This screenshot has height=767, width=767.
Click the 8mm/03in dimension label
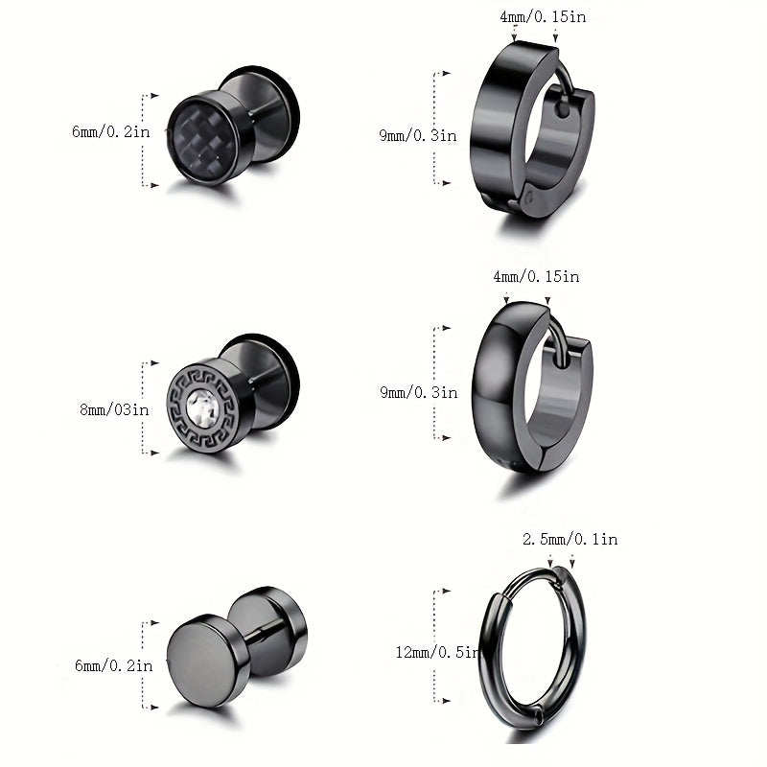(114, 409)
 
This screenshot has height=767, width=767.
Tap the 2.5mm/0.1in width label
(569, 539)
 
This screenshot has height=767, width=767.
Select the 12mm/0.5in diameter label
(438, 652)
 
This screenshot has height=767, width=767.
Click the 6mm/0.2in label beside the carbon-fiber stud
(111, 131)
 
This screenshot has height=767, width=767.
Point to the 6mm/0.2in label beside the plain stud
(113, 665)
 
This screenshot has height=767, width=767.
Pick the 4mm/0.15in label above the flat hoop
(543, 16)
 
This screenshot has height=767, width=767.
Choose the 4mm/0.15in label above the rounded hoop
(536, 276)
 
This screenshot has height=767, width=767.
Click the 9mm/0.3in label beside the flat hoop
(418, 135)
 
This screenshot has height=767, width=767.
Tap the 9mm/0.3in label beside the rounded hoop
(419, 392)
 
